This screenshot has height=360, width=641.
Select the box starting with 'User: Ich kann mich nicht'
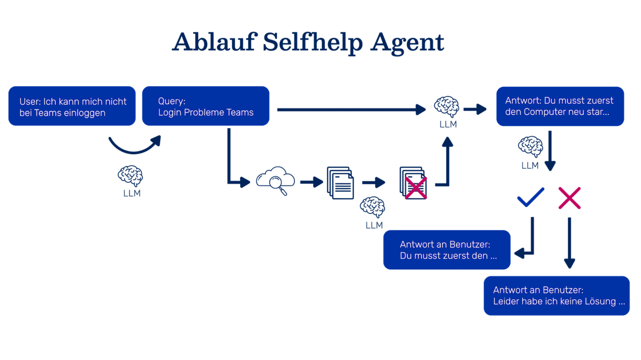[72, 106]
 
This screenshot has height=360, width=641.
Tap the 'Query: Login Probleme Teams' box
[206, 106]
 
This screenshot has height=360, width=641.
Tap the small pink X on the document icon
[415, 188]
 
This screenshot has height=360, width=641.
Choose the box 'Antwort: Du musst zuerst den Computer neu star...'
[560, 106]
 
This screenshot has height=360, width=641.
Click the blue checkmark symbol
[530, 197]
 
